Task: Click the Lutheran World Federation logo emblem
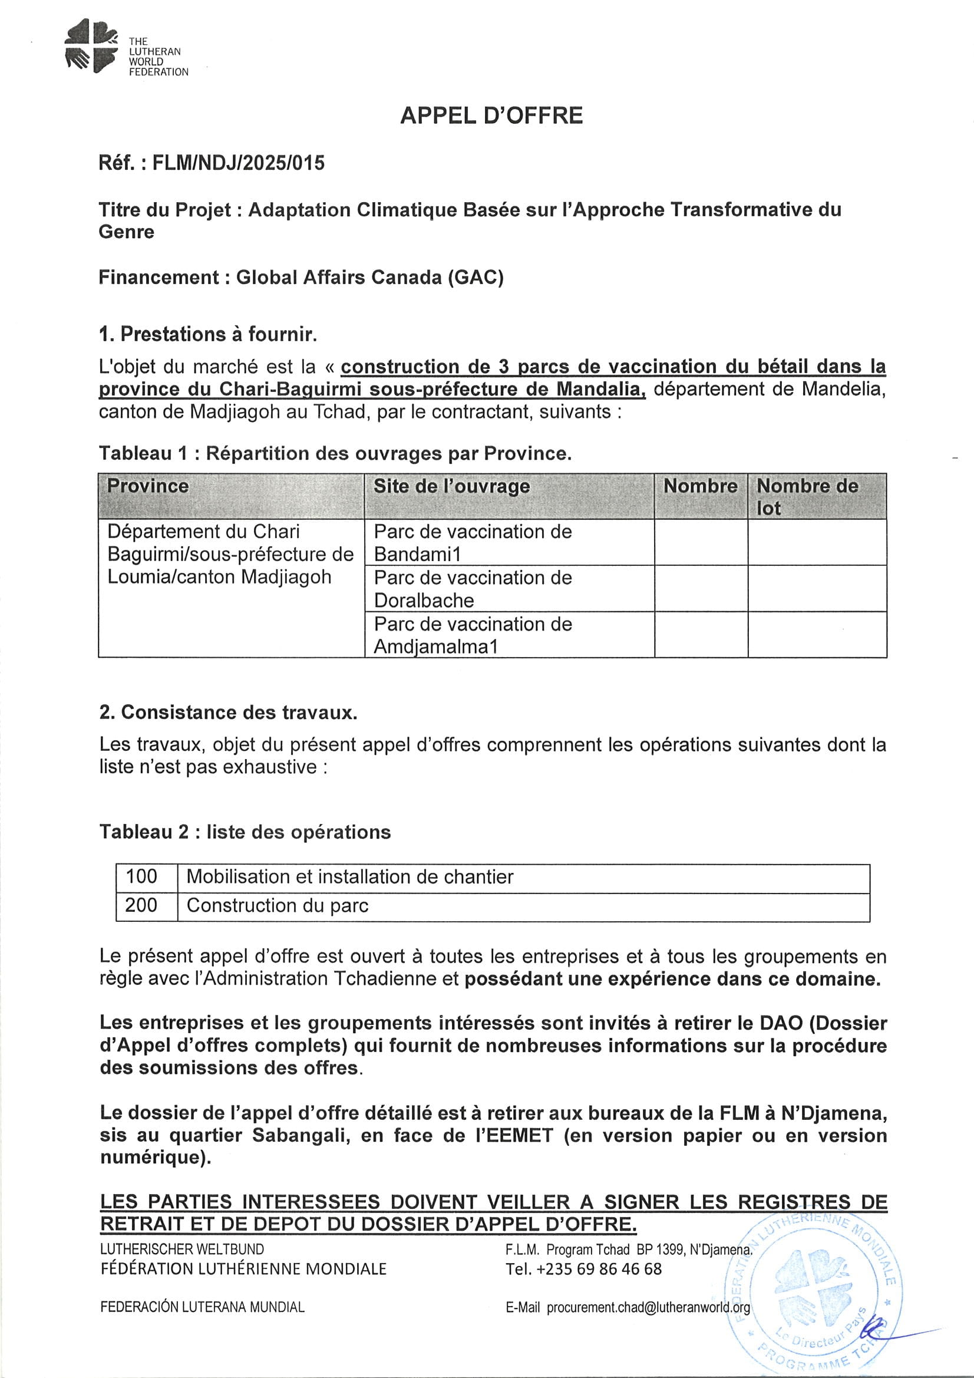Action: point(91,45)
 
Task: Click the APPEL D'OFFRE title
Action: point(491,116)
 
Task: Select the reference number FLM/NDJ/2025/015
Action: point(238,163)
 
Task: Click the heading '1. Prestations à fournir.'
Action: point(207,334)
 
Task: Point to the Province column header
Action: point(148,486)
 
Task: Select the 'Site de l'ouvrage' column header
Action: point(451,486)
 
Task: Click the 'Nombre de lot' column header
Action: point(807,496)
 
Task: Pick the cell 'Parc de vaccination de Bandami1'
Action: point(473,543)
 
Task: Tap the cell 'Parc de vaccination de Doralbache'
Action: point(473,589)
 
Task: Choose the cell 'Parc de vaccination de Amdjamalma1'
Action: point(473,635)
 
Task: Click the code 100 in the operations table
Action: point(141,877)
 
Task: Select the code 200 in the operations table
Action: point(141,905)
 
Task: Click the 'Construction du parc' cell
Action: point(278,906)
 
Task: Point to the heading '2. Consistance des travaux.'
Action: point(228,713)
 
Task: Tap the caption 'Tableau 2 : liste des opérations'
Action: point(245,832)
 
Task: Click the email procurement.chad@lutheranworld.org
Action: point(648,1307)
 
